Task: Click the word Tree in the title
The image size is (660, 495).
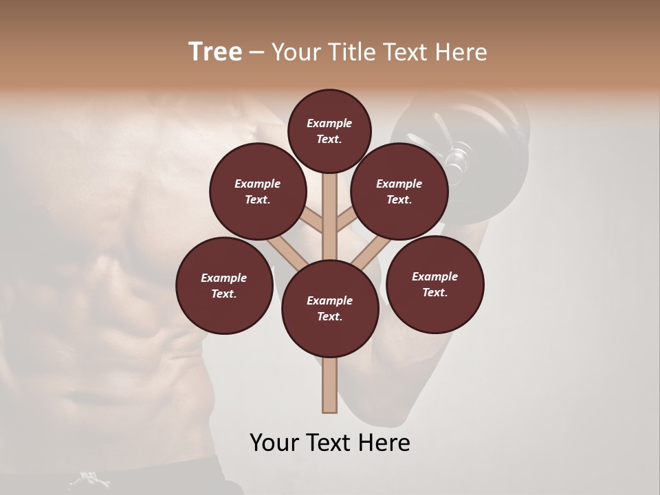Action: (215, 52)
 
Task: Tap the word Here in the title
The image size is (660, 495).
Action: (462, 52)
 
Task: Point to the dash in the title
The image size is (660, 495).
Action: (256, 53)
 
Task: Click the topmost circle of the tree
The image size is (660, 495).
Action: (329, 131)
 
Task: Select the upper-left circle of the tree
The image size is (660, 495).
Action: (257, 191)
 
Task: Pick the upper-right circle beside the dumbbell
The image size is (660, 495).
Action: (399, 191)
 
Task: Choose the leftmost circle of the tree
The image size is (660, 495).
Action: (224, 285)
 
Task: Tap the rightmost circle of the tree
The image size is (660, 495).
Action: (434, 284)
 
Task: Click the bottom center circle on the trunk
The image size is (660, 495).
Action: (330, 308)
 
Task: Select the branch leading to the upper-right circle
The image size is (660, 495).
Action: (345, 219)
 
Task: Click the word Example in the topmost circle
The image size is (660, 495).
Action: (329, 123)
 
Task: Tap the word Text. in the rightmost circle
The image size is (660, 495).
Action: (434, 292)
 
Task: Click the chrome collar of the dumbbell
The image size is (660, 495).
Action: (455, 157)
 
